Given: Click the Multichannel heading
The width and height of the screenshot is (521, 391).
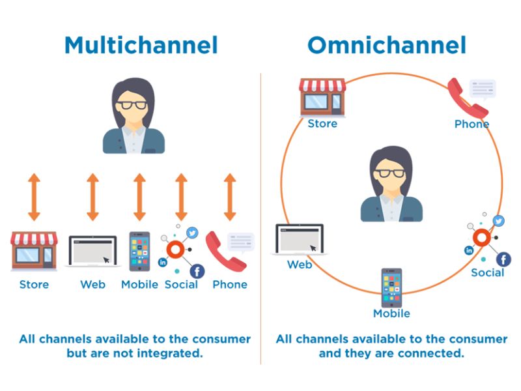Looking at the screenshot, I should click(x=141, y=46).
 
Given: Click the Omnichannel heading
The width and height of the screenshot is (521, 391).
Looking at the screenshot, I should click(x=387, y=46).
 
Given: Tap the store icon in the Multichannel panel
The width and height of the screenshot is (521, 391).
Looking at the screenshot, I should click(x=34, y=251).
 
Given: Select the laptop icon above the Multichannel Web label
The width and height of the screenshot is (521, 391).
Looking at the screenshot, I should click(x=92, y=251).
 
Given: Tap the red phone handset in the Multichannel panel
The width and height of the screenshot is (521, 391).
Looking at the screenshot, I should click(x=224, y=251).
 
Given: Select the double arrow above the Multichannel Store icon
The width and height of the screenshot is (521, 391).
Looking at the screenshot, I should click(x=34, y=197).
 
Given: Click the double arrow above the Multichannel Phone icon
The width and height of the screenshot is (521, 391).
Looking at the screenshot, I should click(x=229, y=197).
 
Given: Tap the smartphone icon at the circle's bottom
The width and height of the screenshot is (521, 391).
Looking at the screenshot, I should click(x=391, y=287).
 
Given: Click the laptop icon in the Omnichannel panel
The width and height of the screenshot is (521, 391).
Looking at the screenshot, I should click(x=300, y=240).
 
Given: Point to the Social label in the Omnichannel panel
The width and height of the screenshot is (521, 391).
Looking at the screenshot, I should click(x=488, y=272).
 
